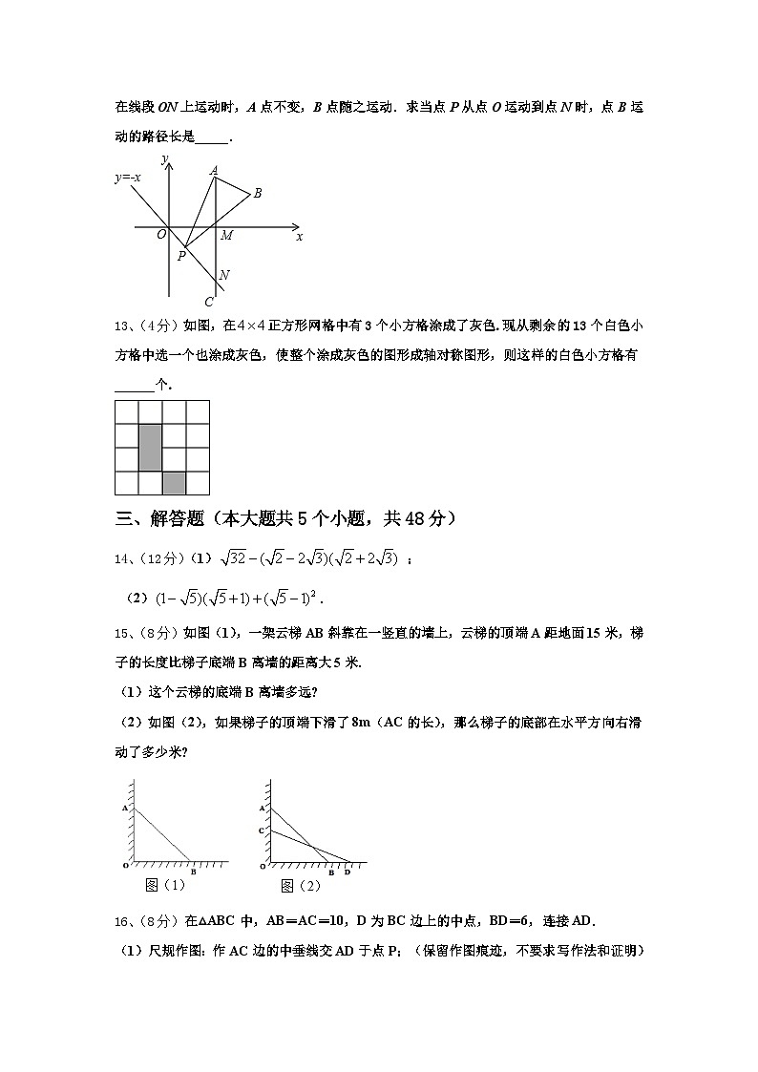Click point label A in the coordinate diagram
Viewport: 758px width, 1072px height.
click(x=214, y=170)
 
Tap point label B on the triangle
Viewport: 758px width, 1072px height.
click(x=257, y=193)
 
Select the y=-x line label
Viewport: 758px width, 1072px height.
click(x=128, y=177)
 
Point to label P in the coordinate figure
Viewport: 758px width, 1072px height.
click(x=180, y=256)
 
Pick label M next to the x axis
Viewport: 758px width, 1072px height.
click(x=226, y=236)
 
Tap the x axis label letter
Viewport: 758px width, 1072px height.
click(x=299, y=236)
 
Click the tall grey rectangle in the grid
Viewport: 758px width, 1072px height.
click(x=150, y=448)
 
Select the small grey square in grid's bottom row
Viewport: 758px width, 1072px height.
click(x=174, y=483)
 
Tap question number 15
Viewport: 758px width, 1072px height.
click(x=122, y=631)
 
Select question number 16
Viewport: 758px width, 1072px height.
click(x=122, y=920)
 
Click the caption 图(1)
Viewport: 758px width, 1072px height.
click(x=164, y=885)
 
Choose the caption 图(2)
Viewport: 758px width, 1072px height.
click(x=299, y=885)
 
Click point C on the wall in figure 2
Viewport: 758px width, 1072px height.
click(x=261, y=831)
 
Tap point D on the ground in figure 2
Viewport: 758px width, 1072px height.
click(x=347, y=872)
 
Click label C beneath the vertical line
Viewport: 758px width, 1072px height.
click(x=208, y=302)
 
